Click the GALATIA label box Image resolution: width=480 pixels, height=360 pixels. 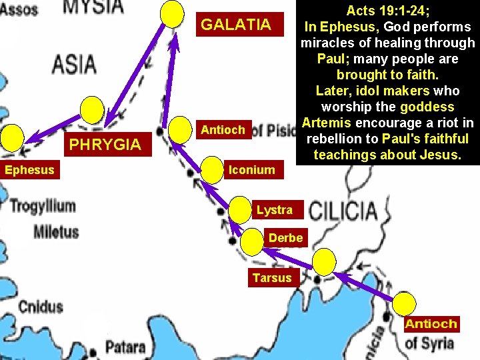pyautogui.click(x=236, y=25)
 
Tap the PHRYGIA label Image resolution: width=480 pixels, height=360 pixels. pyautogui.click(x=106, y=144)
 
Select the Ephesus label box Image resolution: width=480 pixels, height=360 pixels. pyautogui.click(x=29, y=170)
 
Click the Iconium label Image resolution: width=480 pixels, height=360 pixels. pyautogui.click(x=251, y=170)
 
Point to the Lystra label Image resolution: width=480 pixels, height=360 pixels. pyautogui.click(x=274, y=210)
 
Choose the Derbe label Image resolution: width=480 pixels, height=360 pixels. pyautogui.click(x=285, y=238)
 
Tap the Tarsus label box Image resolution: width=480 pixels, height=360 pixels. pyautogui.click(x=272, y=277)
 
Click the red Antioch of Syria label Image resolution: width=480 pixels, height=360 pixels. pyautogui.click(x=431, y=325)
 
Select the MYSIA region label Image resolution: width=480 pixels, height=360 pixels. pyautogui.click(x=93, y=8)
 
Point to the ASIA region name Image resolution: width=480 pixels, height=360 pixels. pyautogui.click(x=73, y=65)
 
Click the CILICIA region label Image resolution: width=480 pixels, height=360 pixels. pyautogui.click(x=343, y=212)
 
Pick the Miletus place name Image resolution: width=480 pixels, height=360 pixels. pyautogui.click(x=56, y=232)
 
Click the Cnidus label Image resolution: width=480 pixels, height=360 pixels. pyautogui.click(x=41, y=307)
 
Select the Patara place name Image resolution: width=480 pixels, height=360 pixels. pyautogui.click(x=125, y=347)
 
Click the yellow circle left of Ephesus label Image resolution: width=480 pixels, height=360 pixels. pyautogui.click(x=11, y=139)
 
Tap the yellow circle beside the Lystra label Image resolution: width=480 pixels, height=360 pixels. pyautogui.click(x=239, y=210)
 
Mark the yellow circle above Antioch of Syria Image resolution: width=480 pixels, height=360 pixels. pyautogui.click(x=403, y=304)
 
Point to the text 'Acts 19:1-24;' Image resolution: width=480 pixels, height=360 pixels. pyautogui.click(x=387, y=11)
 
